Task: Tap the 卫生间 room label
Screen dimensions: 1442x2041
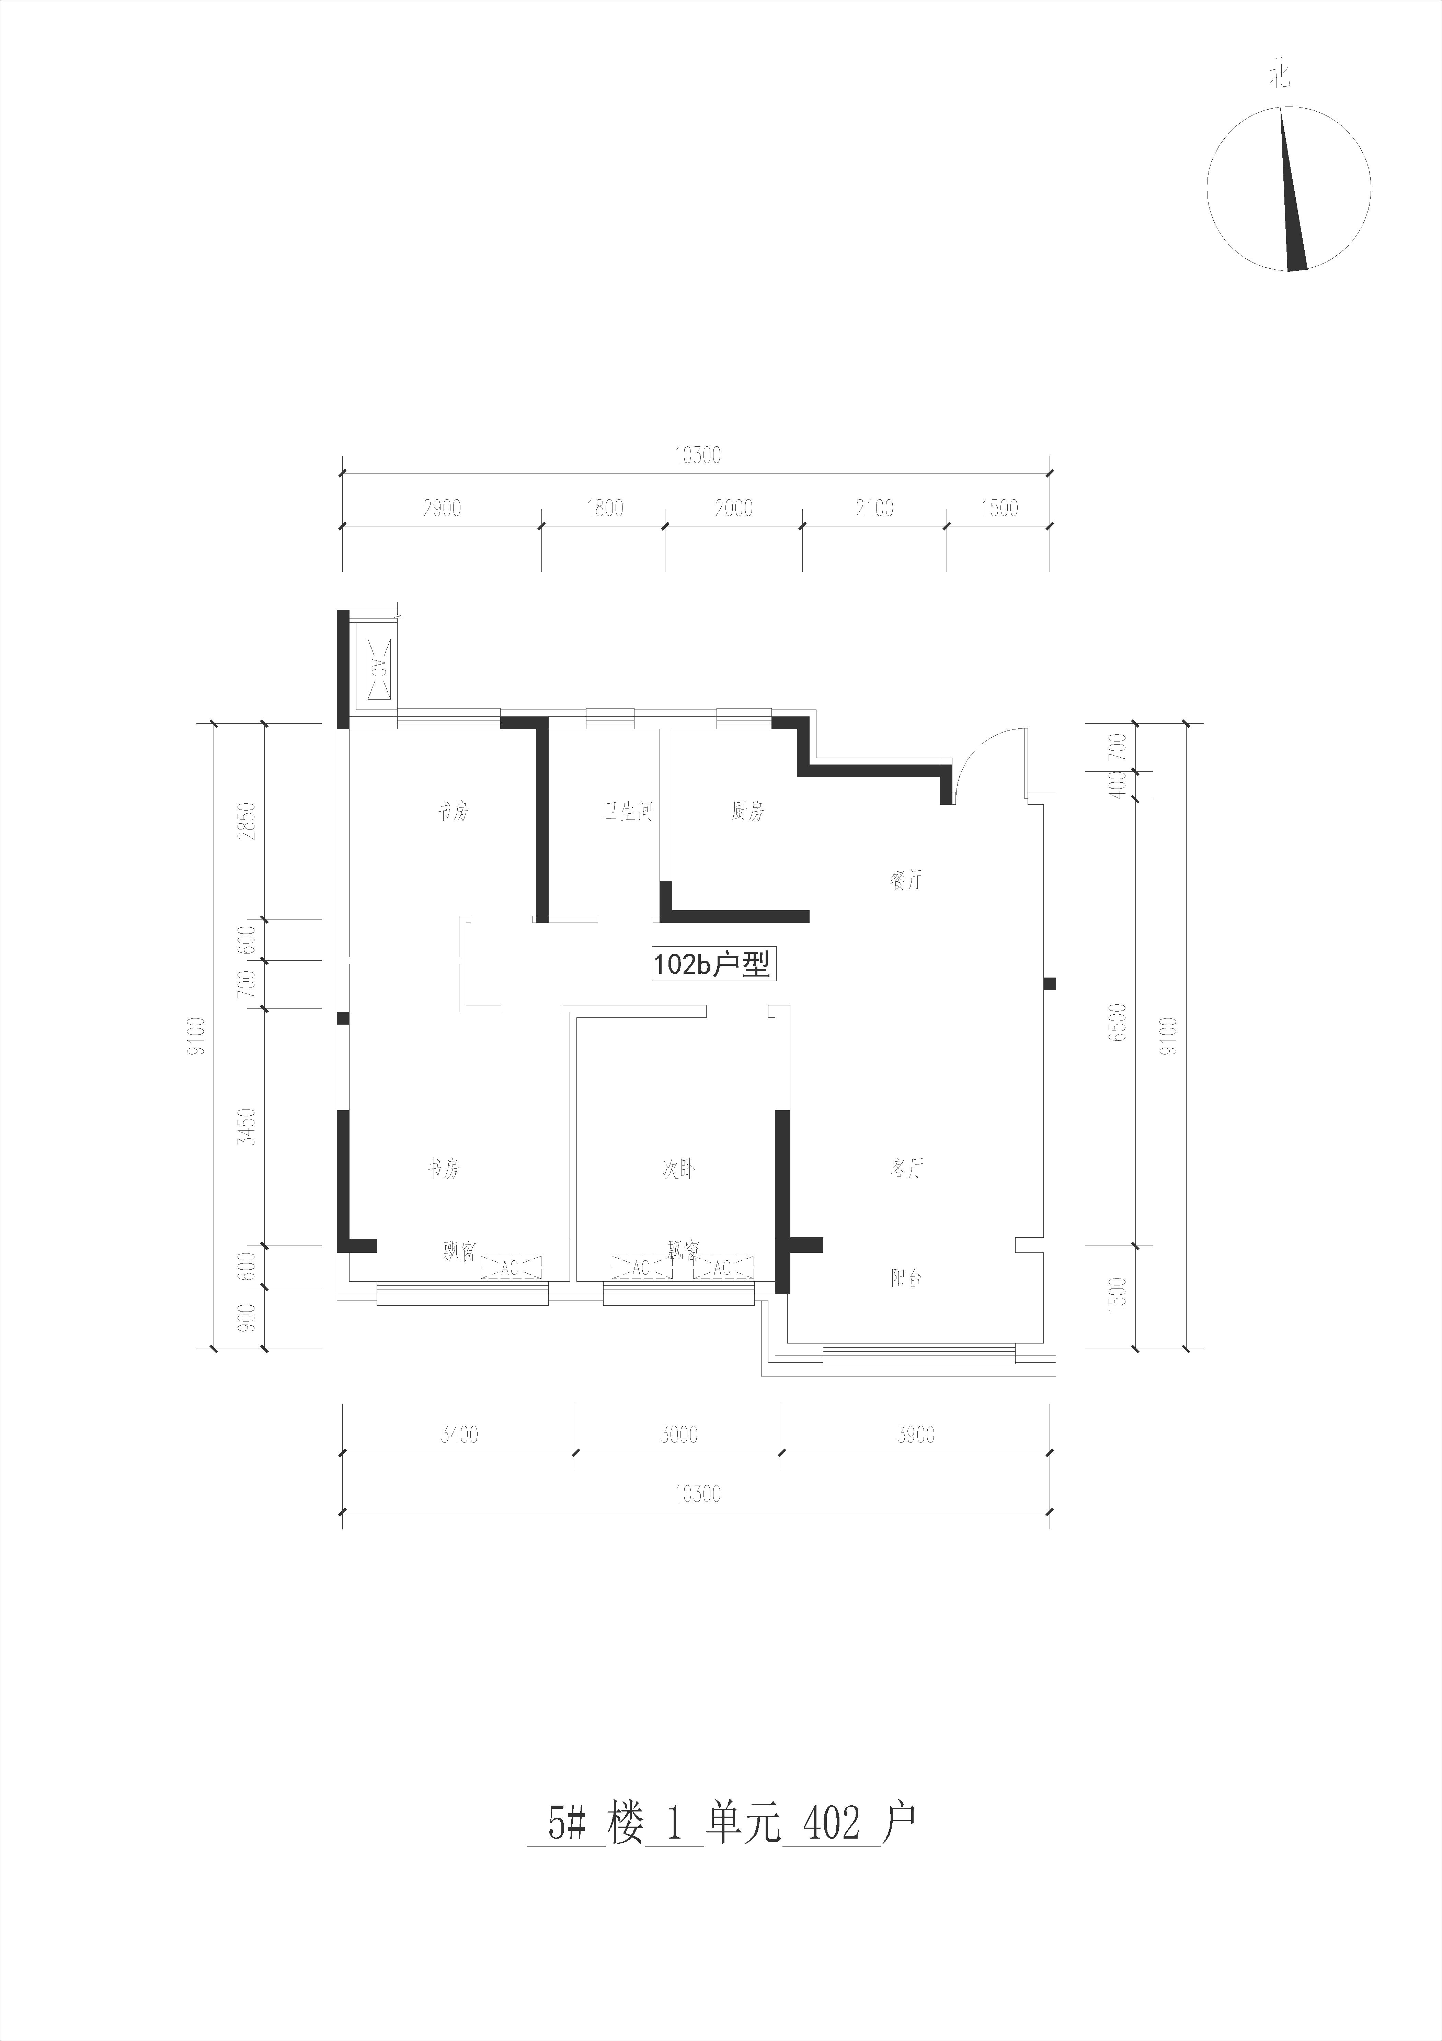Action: pyautogui.click(x=628, y=812)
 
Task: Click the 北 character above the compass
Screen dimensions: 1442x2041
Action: pyautogui.click(x=1279, y=77)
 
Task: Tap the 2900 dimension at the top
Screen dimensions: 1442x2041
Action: pyautogui.click(x=443, y=509)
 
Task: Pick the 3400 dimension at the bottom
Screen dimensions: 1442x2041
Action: pyautogui.click(x=458, y=1435)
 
